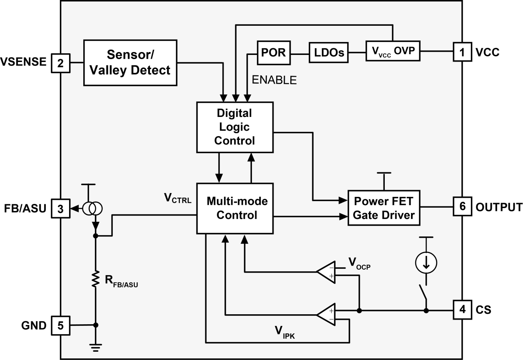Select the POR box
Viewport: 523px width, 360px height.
(273, 53)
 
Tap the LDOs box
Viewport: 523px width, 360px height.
(328, 52)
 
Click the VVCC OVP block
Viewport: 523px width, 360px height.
(393, 51)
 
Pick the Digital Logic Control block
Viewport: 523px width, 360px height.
(234, 127)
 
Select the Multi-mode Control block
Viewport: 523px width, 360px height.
(234, 209)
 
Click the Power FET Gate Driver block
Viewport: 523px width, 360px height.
(384, 208)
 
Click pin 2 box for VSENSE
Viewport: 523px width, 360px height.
(60, 63)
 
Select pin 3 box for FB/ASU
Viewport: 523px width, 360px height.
(60, 209)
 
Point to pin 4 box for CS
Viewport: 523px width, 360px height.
(462, 310)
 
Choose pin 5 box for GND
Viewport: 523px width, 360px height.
(60, 325)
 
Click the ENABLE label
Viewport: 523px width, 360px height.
(274, 80)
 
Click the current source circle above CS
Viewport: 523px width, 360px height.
(426, 261)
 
